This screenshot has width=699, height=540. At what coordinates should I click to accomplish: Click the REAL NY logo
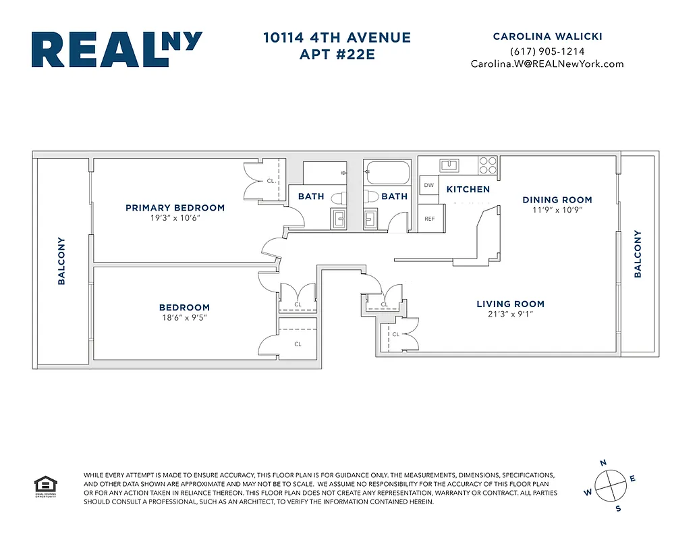coord(116,49)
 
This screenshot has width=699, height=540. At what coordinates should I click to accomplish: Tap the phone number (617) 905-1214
coord(547,51)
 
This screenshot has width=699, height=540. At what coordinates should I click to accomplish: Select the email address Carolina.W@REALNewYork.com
coord(547,64)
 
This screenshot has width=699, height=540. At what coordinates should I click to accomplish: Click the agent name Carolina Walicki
coord(547,36)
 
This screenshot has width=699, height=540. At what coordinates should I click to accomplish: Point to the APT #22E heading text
coord(337,55)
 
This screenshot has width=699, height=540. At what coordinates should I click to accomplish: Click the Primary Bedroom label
coord(175,208)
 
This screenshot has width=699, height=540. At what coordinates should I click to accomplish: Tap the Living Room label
coord(510,304)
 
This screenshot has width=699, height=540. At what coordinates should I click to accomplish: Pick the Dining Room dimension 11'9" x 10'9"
coord(557,210)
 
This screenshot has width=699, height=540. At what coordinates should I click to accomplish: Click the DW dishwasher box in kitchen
coord(428,185)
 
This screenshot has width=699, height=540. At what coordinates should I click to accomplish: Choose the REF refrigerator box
coord(429,219)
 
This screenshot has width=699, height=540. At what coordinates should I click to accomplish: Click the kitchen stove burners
coord(488,165)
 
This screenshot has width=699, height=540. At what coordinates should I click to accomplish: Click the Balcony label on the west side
coord(61,260)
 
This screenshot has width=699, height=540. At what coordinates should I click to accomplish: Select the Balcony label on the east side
coord(637,254)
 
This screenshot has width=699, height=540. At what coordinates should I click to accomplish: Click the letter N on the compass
coord(603,462)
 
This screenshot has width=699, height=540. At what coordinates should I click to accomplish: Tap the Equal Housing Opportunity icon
coord(46,486)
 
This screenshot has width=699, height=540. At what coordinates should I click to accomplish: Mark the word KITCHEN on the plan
coord(468,190)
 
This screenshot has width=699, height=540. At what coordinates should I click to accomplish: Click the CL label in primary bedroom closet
coord(270,181)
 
